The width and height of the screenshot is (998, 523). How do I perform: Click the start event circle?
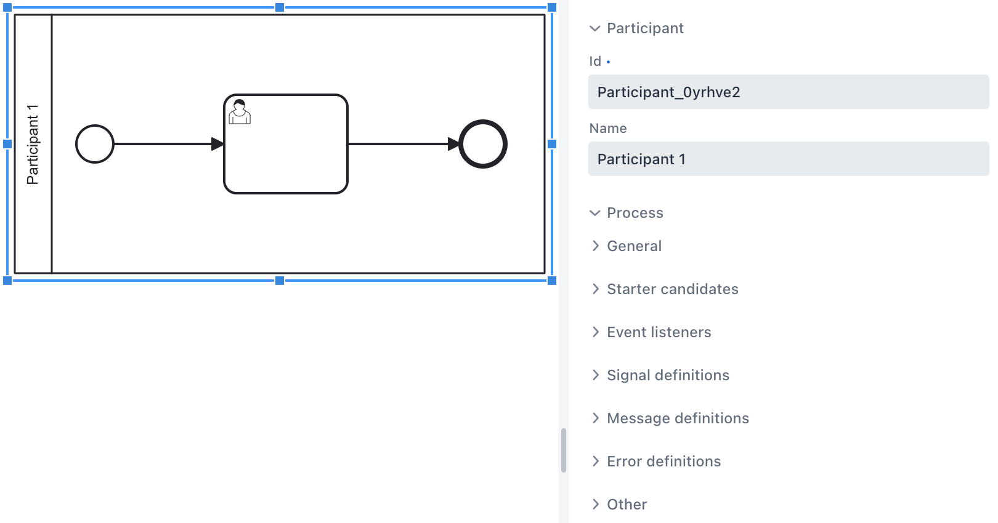point(95,144)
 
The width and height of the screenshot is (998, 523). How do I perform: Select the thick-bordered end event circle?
point(483,144)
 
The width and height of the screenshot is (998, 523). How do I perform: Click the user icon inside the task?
point(240,112)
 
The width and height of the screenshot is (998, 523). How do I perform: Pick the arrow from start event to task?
point(163,144)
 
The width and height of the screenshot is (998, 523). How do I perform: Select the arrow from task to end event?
point(400,144)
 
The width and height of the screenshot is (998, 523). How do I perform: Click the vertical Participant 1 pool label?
point(33,145)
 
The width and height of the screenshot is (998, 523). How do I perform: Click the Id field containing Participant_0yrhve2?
point(788,92)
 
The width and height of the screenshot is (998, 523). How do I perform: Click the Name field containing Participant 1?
point(788,159)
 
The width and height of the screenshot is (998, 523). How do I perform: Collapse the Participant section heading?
point(644,28)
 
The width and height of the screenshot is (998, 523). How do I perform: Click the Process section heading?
point(635,213)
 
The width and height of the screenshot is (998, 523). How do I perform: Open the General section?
point(634,246)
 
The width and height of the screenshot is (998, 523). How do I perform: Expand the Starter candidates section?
point(672,289)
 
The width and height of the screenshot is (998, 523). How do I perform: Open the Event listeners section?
point(659,332)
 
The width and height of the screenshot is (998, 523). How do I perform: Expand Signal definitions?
point(668,375)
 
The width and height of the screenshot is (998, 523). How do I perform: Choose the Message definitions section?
point(678,418)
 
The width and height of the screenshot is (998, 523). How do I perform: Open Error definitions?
point(663,461)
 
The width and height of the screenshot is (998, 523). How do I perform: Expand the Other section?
point(627,505)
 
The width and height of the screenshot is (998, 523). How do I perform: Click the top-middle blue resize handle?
point(280,7)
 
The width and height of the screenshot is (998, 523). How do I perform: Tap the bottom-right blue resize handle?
point(552,281)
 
